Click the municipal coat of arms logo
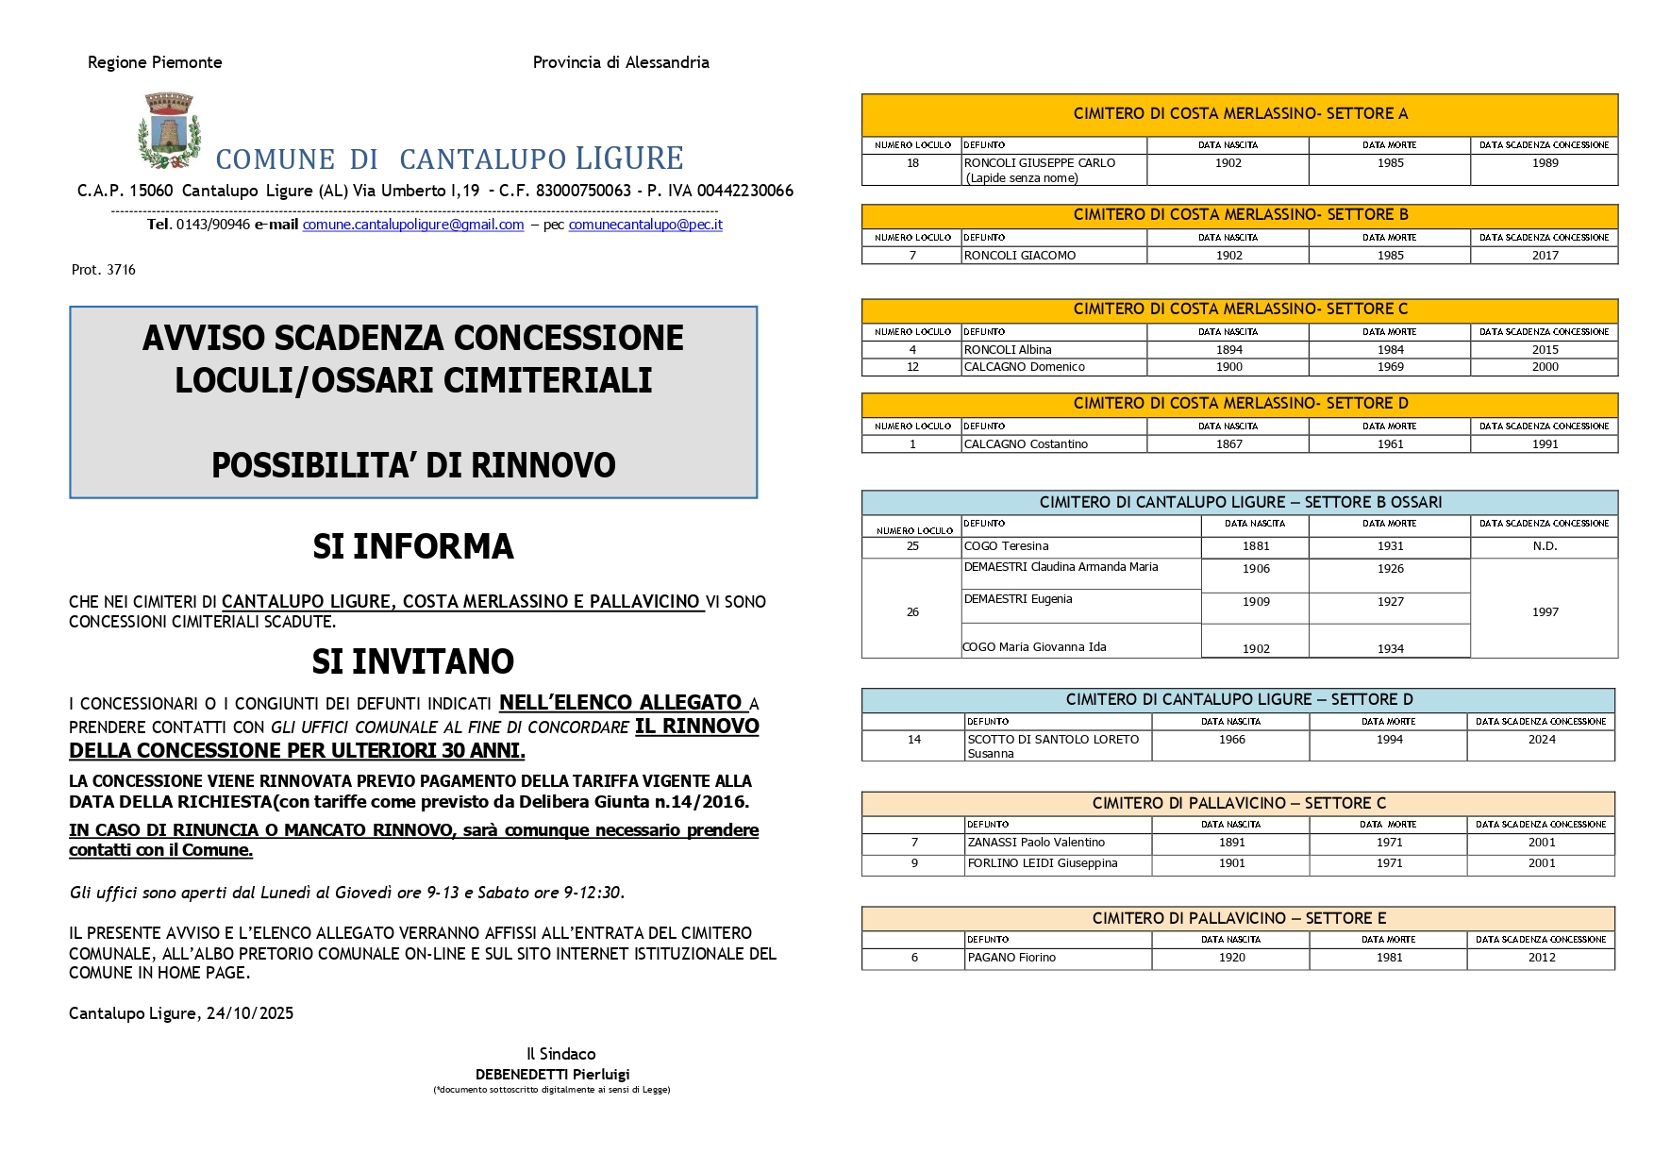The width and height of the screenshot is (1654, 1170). pos(170,130)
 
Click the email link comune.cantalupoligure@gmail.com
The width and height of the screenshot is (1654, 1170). pos(413,225)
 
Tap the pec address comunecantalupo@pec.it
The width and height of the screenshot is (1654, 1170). pos(645,225)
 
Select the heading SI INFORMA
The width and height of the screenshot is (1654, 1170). pos(413,546)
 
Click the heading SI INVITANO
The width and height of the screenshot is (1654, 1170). pos(413,661)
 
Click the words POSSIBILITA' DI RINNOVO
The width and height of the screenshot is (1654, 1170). pos(413,465)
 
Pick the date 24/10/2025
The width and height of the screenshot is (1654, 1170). pos(250,1013)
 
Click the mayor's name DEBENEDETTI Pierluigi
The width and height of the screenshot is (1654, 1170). pos(552,1074)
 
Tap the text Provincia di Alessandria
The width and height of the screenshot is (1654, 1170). pos(621,62)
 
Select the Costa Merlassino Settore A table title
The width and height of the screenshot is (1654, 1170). pos(1240,114)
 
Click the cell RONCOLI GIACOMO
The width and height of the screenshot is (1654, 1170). pos(1020,256)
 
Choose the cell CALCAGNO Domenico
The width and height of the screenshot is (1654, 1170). pos(1025,367)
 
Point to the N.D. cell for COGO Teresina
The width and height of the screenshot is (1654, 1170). pos(1545,546)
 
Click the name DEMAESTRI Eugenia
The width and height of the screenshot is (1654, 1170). pos(1018,599)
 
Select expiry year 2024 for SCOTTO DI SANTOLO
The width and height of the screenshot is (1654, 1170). pos(1542,740)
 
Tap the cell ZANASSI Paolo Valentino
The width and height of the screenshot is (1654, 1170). pos(1036,843)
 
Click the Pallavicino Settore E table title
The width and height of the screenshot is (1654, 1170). pos(1239,918)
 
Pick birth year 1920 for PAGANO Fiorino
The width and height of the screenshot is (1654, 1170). pos(1231,958)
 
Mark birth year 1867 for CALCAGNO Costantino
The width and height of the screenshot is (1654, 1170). pos(1228,444)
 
